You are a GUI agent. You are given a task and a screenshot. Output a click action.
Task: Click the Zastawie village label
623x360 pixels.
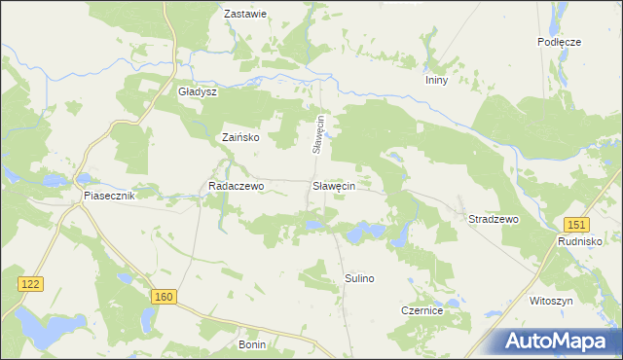(245, 15)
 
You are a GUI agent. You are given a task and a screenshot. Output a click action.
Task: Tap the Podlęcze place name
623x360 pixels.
(559, 42)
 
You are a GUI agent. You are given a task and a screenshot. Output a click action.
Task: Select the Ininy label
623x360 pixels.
(435, 81)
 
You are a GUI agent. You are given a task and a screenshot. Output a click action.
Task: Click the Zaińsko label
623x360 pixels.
(240, 138)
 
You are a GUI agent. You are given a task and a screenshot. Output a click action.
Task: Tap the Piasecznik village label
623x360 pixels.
(108, 196)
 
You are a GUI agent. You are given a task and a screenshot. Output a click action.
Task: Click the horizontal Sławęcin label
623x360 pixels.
(333, 185)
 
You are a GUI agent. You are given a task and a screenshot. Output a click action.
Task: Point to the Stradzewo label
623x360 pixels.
(494, 220)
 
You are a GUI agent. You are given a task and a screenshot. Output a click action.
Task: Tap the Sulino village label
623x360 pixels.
(359, 278)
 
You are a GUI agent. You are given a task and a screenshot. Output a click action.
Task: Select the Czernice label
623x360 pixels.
(422, 310)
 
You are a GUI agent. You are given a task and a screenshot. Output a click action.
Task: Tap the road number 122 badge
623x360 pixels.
(30, 282)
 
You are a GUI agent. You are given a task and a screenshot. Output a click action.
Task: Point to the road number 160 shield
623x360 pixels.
(164, 296)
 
